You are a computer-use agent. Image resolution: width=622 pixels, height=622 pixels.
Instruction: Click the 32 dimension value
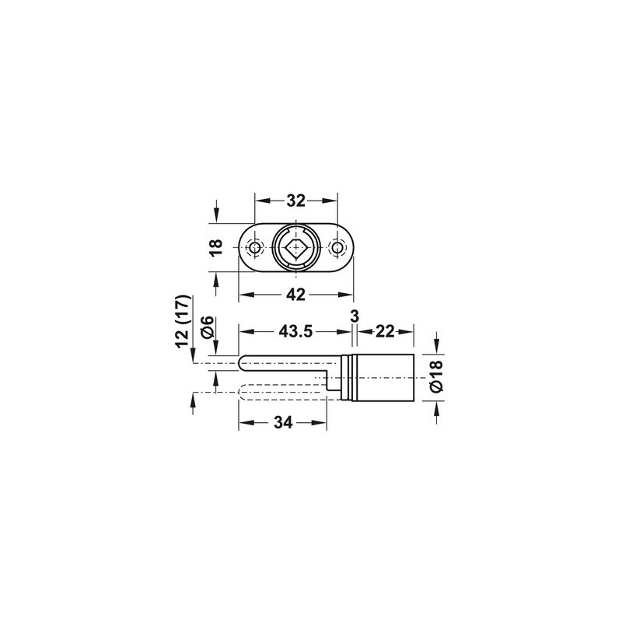click(296, 201)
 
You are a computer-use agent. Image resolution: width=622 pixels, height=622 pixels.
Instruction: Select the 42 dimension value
click(296, 295)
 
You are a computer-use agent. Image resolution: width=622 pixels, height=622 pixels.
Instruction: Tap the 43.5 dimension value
click(295, 331)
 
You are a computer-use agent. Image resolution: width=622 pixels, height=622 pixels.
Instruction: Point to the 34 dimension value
click(283, 422)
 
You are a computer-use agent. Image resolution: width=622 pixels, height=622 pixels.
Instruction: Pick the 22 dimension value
click(385, 331)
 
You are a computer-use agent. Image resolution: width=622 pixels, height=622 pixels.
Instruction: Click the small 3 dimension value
click(355, 316)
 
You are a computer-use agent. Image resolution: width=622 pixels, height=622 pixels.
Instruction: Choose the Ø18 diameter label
click(436, 376)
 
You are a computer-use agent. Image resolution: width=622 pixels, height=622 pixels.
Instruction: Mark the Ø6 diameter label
click(208, 327)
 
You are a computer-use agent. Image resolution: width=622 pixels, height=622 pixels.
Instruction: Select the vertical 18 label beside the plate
click(217, 248)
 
